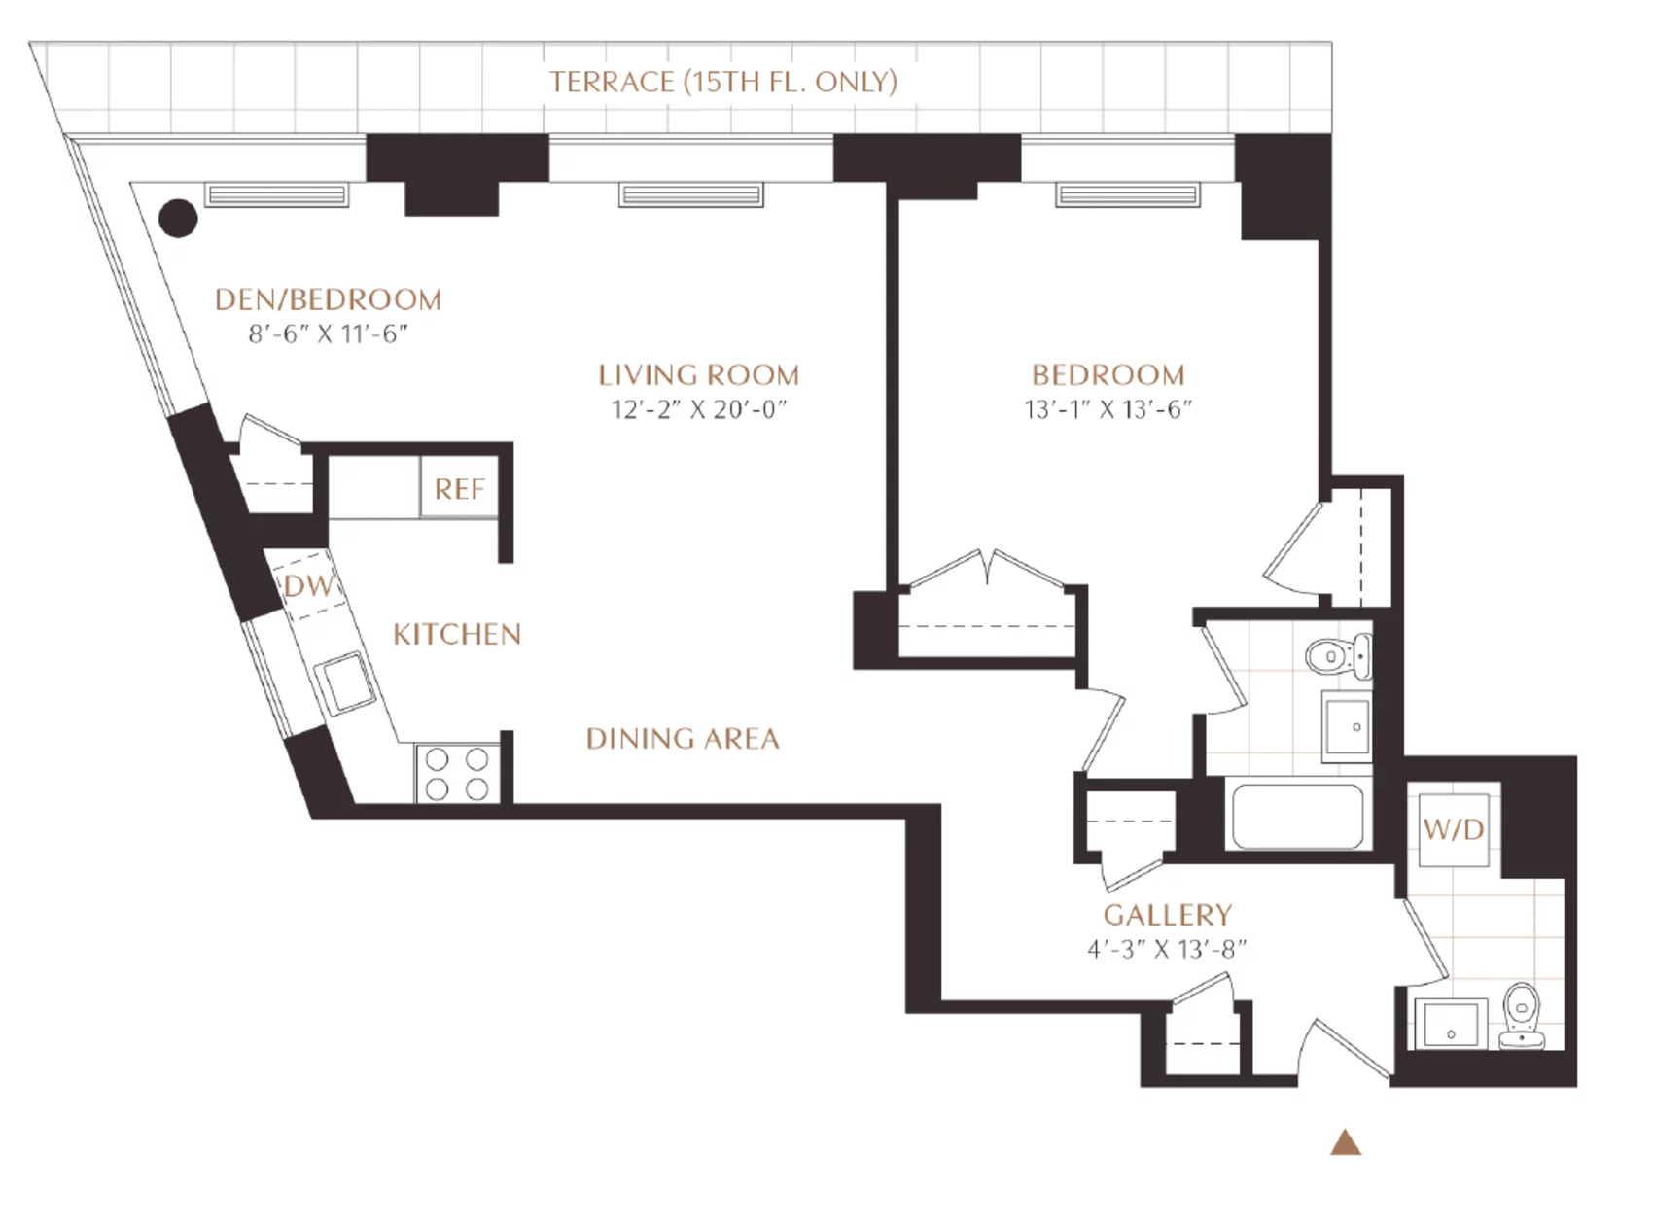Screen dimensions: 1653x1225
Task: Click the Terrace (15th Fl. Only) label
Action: coord(722,82)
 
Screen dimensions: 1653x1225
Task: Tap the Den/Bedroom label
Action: coord(328,299)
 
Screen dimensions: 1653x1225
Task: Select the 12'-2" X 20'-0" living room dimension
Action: coord(698,409)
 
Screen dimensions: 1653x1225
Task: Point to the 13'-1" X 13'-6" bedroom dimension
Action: coord(1108,409)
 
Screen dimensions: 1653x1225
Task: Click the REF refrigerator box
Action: coord(459,488)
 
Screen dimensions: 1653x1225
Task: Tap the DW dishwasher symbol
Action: coord(307,585)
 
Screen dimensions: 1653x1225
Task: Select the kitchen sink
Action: coord(347,682)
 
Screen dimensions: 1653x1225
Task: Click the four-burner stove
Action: coord(457,774)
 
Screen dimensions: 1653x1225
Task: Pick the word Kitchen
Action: coord(457,635)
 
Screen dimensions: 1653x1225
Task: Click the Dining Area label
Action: coord(683,739)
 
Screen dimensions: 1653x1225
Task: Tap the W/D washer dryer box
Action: coord(1454,830)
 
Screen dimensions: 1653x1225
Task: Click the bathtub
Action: coord(1298,817)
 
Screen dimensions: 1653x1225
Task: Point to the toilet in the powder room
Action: coord(1522,1016)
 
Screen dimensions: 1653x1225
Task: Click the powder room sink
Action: coord(1451,1025)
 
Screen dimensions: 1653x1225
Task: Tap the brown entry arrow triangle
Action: coord(1346,1142)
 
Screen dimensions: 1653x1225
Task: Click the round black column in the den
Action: coord(178,219)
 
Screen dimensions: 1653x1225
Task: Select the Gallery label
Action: coord(1167,915)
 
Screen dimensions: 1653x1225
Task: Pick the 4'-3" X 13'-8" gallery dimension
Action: coord(1167,949)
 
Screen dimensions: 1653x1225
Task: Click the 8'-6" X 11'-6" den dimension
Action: coord(328,333)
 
